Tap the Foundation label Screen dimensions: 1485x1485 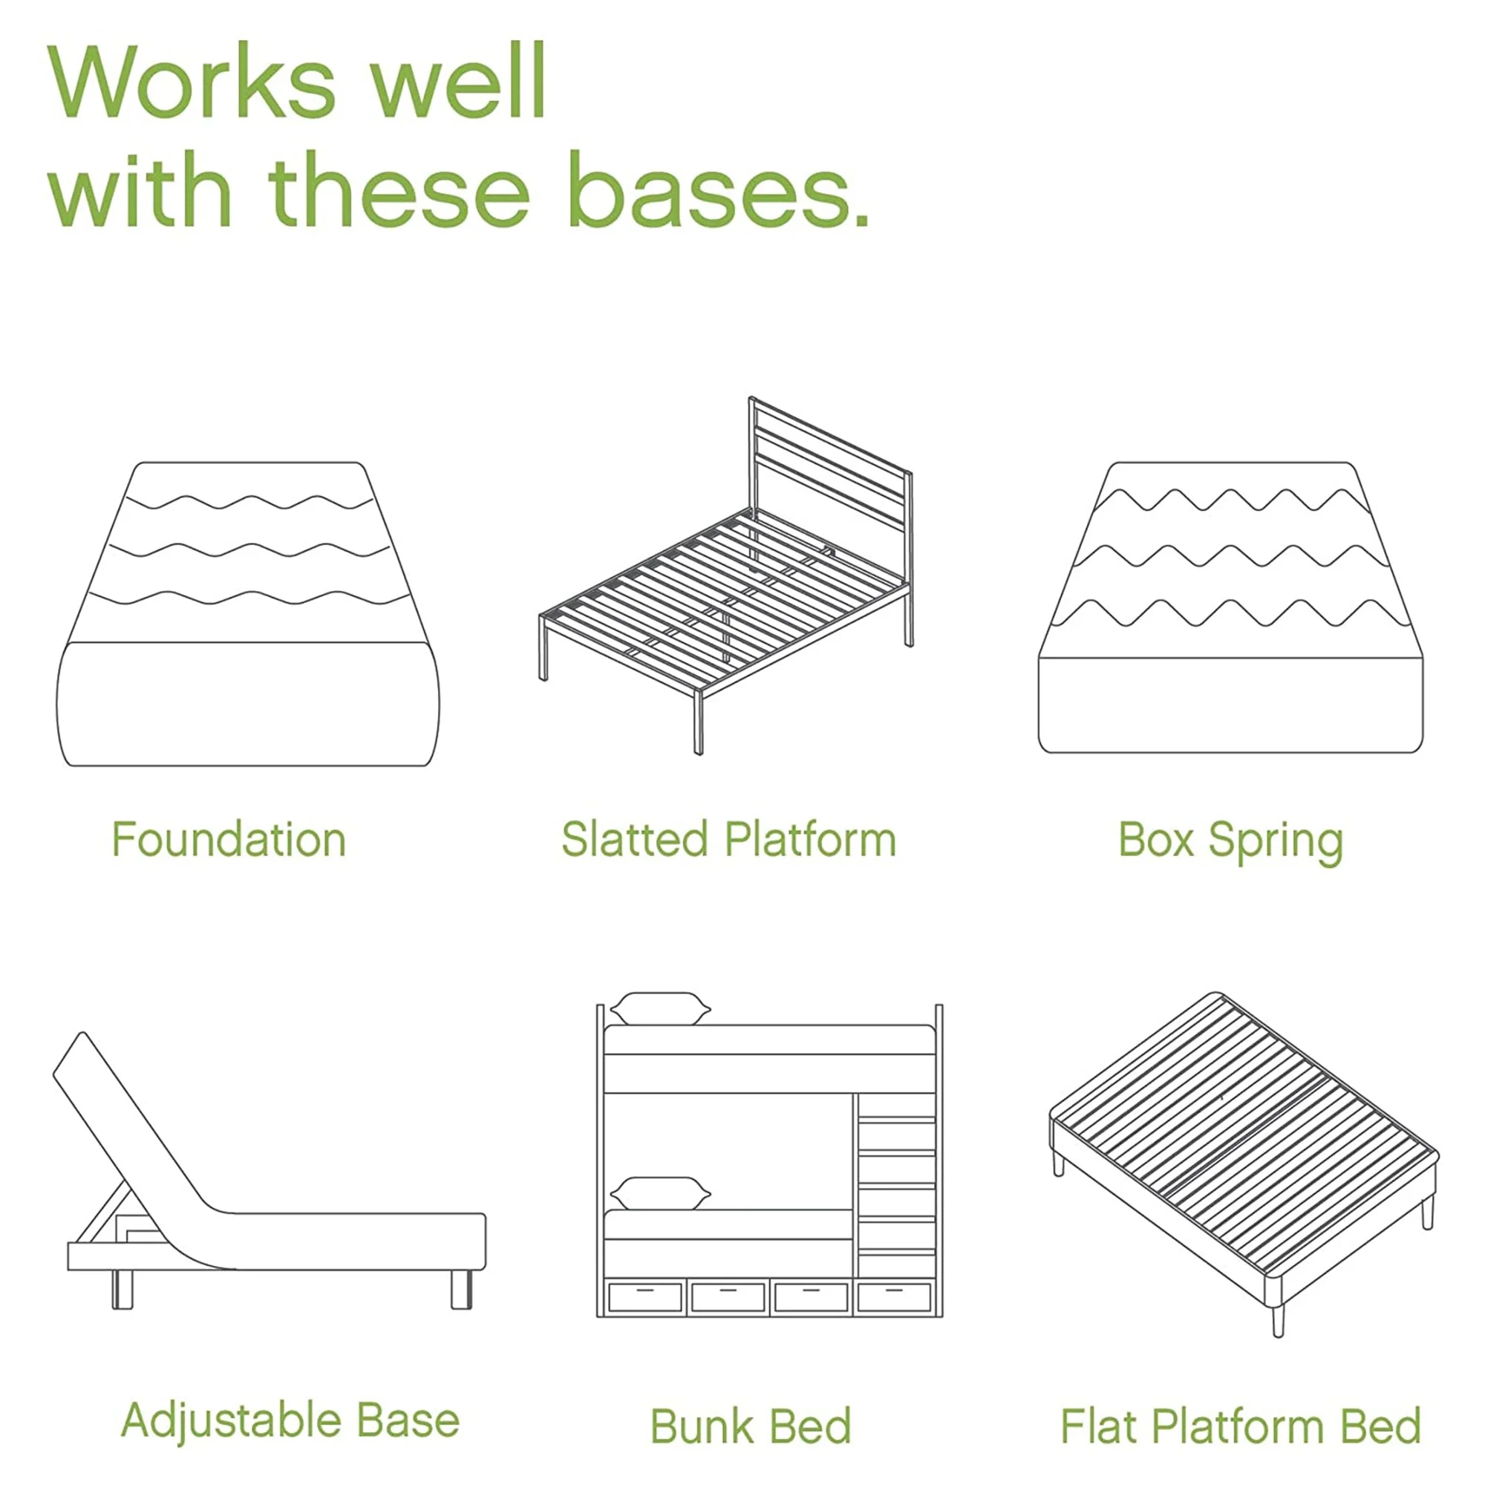pos(229,839)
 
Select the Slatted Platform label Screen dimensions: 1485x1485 pos(728,839)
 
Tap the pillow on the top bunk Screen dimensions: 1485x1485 pos(660,1008)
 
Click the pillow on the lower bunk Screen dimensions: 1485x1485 pos(660,1194)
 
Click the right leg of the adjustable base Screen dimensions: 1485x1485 pos(461,1289)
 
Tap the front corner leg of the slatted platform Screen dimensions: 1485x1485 pos(698,722)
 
